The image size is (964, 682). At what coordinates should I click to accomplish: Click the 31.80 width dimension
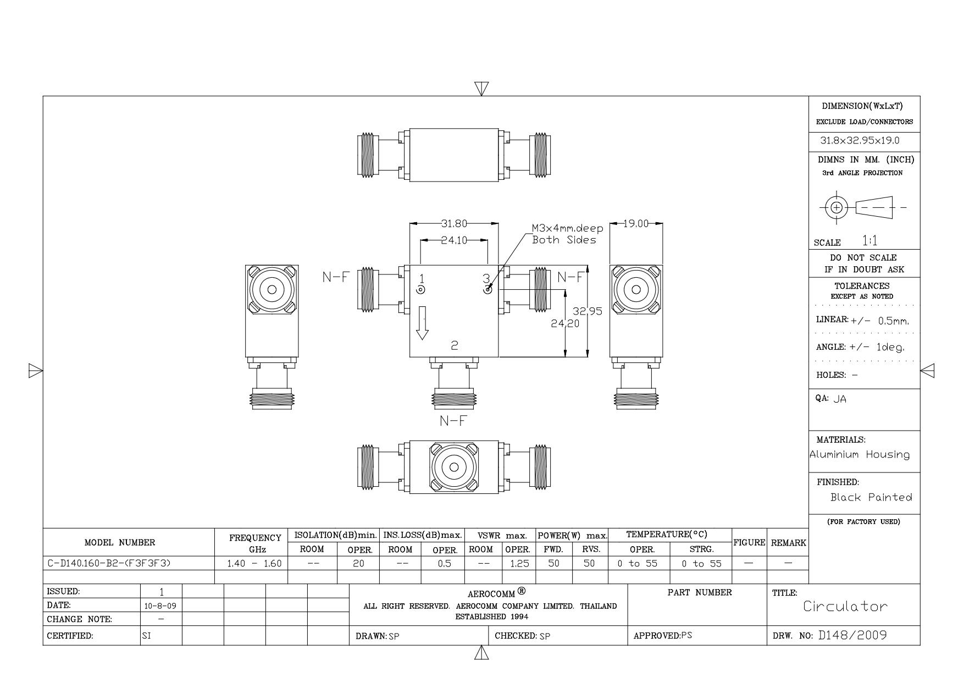tap(454, 224)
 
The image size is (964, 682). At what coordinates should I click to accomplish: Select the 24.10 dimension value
tap(454, 240)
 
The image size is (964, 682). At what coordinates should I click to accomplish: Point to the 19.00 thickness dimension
tap(636, 224)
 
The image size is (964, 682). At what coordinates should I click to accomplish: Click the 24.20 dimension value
tap(565, 323)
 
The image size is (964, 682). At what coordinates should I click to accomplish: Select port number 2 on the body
tap(455, 345)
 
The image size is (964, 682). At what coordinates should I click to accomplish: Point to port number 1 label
tap(422, 278)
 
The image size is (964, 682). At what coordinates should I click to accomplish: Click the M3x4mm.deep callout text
tap(567, 228)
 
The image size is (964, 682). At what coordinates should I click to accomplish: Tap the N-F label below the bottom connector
tap(453, 421)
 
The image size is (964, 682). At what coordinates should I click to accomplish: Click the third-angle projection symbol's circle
tap(836, 207)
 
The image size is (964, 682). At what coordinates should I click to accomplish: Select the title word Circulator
tap(845, 607)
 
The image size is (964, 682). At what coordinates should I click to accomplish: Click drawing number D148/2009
tap(852, 635)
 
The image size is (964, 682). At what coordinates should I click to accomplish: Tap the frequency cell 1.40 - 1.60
tap(254, 563)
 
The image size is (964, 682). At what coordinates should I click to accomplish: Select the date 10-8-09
tap(161, 606)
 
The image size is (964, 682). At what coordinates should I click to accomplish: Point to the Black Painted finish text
tap(871, 497)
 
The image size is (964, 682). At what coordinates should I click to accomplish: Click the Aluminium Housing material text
tap(860, 454)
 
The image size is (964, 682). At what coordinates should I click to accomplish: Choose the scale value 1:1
tap(870, 241)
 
